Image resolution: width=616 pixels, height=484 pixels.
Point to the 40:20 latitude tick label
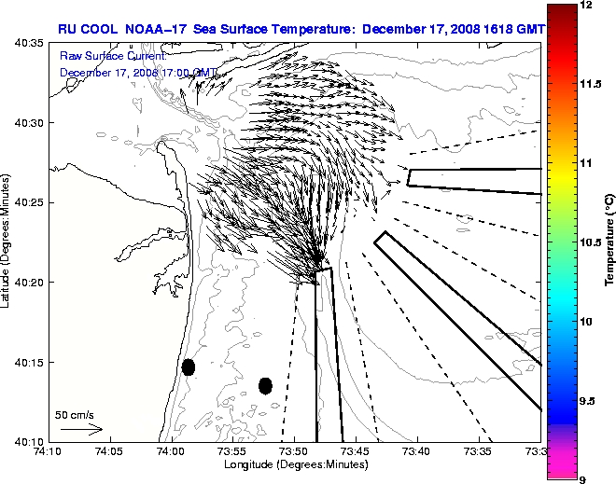(x=29, y=283)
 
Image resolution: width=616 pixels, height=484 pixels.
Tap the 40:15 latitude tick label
(x=29, y=362)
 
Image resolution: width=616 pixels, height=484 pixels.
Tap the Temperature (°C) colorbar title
(x=608, y=242)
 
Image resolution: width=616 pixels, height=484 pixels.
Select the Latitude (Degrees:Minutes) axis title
(x=7, y=241)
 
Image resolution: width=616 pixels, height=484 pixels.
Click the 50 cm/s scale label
(x=75, y=415)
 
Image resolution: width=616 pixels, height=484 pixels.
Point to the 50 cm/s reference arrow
(x=81, y=429)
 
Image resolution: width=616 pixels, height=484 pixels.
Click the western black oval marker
(x=189, y=366)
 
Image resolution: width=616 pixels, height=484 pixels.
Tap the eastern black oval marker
(x=265, y=385)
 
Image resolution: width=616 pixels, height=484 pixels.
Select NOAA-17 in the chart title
(x=148, y=29)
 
